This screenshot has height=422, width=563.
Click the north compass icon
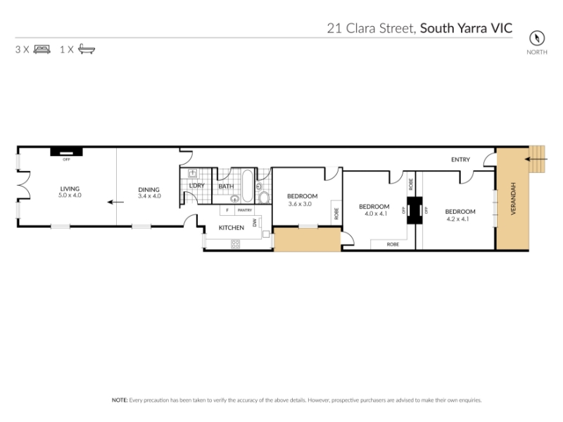click(537, 38)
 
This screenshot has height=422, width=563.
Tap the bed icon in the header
click(42, 49)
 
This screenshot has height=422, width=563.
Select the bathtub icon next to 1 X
click(87, 49)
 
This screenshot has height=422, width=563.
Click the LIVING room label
click(70, 188)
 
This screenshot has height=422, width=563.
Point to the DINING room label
click(148, 189)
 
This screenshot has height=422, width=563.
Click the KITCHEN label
click(232, 227)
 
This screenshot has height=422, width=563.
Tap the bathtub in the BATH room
click(247, 186)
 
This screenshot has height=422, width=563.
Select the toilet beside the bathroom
click(264, 197)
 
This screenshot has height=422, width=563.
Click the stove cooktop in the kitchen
click(235, 244)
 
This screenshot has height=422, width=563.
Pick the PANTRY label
click(245, 210)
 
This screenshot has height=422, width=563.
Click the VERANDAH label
click(513, 199)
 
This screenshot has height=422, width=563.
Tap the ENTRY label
click(460, 160)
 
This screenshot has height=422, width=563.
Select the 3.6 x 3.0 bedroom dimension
click(300, 204)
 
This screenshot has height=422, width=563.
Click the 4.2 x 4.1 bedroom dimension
click(457, 219)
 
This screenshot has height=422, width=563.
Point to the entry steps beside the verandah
click(537, 159)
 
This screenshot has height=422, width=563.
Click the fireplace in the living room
click(66, 152)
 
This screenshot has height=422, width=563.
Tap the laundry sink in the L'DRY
click(192, 174)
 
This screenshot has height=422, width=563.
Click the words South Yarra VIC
click(466, 28)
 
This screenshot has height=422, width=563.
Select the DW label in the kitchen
click(255, 222)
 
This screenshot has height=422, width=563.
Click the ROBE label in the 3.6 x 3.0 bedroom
click(336, 214)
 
